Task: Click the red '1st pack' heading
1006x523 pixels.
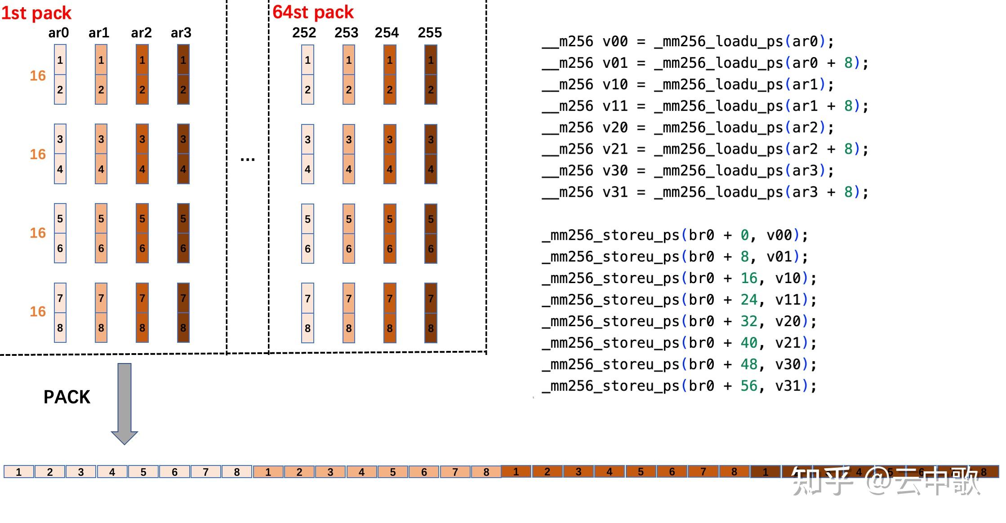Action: tap(36, 13)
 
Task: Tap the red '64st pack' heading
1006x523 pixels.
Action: tap(313, 12)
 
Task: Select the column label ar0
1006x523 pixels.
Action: tap(58, 33)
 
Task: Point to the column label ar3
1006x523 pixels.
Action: tap(181, 33)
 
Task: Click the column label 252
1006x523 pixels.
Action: tap(304, 33)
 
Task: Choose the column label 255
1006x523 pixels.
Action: tap(430, 33)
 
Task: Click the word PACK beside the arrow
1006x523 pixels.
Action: tap(67, 397)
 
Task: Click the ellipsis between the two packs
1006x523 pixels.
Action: tap(247, 159)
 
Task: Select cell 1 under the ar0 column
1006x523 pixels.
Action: tap(60, 60)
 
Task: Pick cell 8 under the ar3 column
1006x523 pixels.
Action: tap(183, 328)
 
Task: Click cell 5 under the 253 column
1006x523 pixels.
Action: tap(349, 219)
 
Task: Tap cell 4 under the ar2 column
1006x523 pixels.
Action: tap(142, 169)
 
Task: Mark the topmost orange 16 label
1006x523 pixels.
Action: tap(38, 75)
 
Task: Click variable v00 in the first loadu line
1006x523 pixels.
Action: tap(614, 42)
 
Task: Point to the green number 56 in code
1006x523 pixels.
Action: tap(749, 386)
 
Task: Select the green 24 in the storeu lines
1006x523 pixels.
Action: tap(749, 300)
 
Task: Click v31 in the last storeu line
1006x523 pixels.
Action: tap(788, 386)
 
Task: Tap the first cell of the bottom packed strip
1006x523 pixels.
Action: tap(19, 472)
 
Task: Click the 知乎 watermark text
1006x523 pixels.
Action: tap(822, 481)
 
